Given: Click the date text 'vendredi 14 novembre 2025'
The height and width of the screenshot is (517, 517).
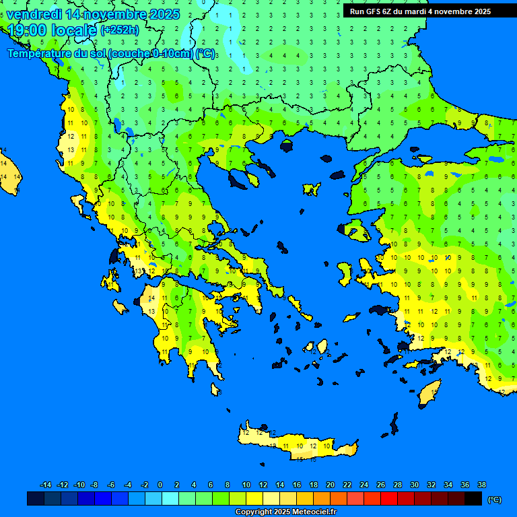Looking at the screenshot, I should coord(93,14).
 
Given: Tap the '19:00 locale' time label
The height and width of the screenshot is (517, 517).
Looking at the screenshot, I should coord(52,30).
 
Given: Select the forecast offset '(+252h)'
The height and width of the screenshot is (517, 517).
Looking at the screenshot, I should coord(120,30).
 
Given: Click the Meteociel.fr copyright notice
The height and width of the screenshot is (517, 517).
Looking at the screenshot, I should coord(285,512).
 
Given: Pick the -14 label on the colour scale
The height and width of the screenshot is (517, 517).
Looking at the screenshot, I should coord(46,485).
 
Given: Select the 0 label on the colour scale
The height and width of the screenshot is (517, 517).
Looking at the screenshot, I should coord(160,485).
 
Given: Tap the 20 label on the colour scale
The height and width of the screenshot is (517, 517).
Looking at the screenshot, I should coord(330,485).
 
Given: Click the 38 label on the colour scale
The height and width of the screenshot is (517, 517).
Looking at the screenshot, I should coord(482,485).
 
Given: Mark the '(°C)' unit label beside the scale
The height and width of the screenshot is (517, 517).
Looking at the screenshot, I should coord(495,499).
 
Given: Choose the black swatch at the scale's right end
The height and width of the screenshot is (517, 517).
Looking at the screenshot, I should coord(473,499).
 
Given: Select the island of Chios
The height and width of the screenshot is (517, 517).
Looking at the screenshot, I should coord(345,272).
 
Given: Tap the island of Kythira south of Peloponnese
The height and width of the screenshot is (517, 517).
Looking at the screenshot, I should coord(215,389).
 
